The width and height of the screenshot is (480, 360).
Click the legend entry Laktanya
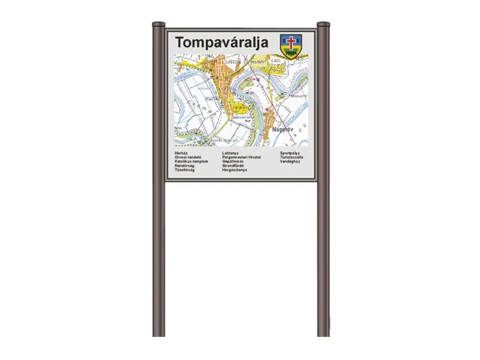click(x=230, y=153)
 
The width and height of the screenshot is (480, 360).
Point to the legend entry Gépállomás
click(x=233, y=161)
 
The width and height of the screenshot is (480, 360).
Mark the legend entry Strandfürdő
click(x=234, y=166)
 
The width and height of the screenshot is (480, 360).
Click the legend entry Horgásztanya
click(x=235, y=170)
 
